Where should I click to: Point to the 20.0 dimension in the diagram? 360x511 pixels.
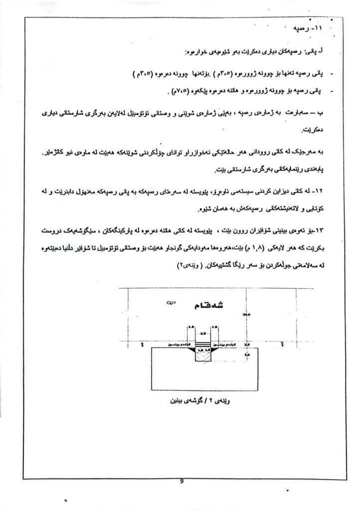point(245,315)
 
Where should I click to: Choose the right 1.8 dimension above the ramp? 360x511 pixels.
point(215,327)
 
